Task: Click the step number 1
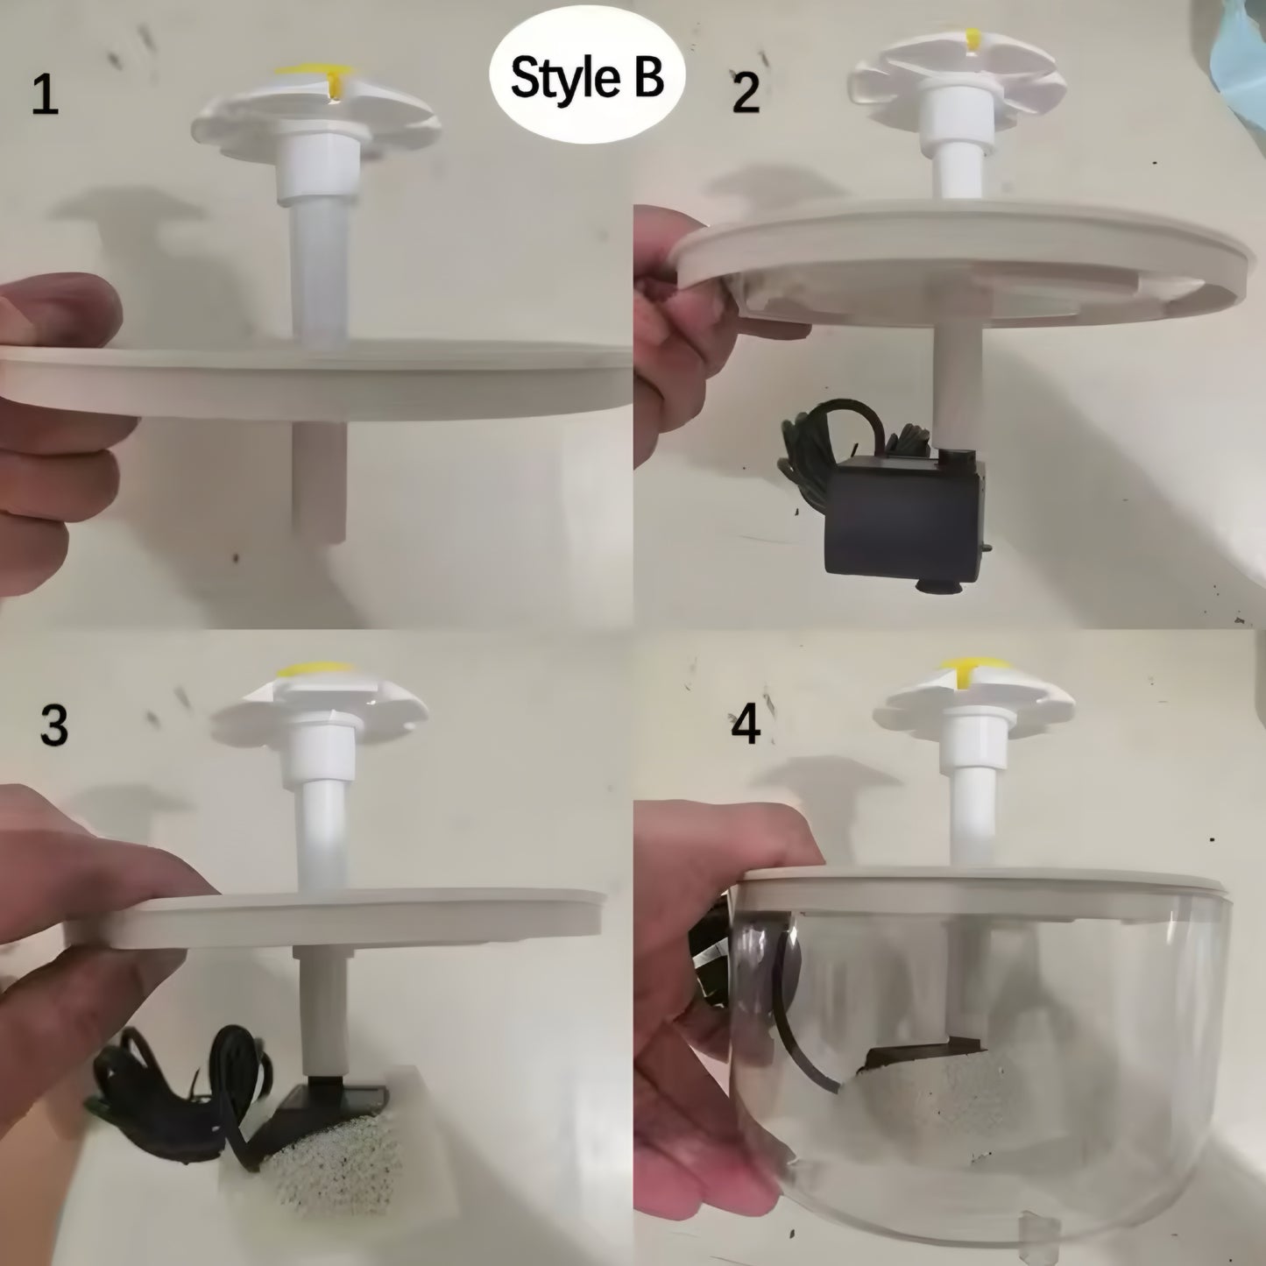[x=45, y=96]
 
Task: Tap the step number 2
[x=746, y=93]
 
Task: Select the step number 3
[x=53, y=725]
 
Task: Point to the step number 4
[x=746, y=725]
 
